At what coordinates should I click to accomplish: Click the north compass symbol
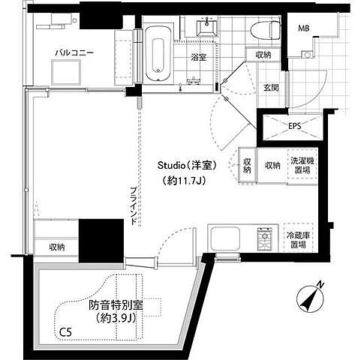pos(310,298)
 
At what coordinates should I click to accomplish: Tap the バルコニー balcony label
pos(74,52)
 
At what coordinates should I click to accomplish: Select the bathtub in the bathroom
pos(158,54)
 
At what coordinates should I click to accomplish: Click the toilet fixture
pos(265,30)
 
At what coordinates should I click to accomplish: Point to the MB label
pos(303,28)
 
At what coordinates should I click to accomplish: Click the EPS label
pos(295,126)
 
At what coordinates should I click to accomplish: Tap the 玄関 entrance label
pos(271,88)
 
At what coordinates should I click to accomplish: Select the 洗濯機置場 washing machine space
pos(302,165)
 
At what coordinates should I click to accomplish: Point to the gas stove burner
pos(264,238)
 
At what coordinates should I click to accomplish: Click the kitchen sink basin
pos(225,238)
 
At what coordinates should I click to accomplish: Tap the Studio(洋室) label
pos(187,165)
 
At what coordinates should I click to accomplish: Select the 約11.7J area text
pos(184,181)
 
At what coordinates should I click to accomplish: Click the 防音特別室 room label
pos(116,305)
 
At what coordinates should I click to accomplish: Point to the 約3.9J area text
pos(116,318)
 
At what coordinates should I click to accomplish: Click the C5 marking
pos(65,332)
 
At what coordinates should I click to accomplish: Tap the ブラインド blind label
pos(134,206)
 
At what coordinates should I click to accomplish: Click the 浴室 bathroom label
pos(198,58)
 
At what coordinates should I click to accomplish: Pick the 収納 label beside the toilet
pos(263,55)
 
